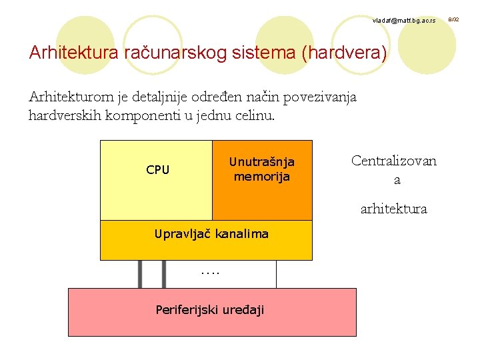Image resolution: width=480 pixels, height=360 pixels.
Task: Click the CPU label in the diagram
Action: point(158,170)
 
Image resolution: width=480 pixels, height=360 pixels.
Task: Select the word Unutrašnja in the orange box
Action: point(261,162)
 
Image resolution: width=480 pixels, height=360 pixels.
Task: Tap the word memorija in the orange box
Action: point(261,177)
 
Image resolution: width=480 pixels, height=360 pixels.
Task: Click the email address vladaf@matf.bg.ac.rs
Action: point(404,22)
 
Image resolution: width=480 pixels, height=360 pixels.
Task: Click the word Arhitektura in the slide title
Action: point(74,53)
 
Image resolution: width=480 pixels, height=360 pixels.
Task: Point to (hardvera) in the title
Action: point(344,53)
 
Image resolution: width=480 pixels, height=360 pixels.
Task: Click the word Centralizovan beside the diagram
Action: point(394,161)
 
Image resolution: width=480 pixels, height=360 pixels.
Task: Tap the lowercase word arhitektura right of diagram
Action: point(393,209)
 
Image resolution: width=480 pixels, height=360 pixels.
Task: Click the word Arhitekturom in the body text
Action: point(71,97)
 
